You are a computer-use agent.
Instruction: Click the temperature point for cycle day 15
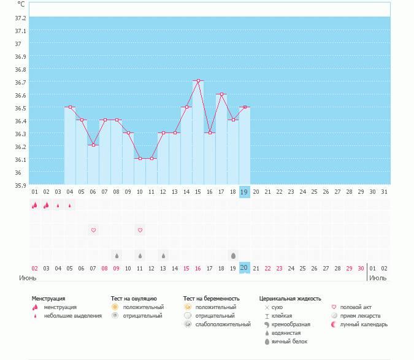coord(198,81)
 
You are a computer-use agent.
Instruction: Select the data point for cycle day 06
coord(93,145)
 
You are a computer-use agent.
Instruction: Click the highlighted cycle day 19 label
coord(244,192)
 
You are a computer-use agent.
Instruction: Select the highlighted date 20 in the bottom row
coord(244,268)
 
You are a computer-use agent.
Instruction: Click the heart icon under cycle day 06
coord(94,231)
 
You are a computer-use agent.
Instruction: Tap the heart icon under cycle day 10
coord(140,231)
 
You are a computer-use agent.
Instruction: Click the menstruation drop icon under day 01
coord(35,205)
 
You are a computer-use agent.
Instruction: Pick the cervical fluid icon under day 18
coord(233,255)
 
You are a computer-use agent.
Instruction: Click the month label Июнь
coord(28,278)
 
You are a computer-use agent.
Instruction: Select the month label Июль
coord(377,278)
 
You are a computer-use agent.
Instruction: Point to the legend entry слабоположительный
coord(223,324)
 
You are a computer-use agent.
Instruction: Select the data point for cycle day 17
coord(221,94)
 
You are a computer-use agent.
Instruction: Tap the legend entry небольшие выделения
coord(72,316)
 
